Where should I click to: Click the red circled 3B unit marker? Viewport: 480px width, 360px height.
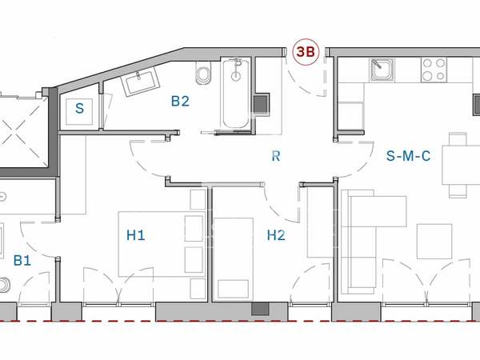306,52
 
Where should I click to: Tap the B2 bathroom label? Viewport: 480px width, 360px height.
180,102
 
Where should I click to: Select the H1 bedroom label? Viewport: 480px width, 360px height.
136,235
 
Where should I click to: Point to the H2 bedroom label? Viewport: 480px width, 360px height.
276,235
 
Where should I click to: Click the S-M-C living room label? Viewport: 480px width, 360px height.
408,156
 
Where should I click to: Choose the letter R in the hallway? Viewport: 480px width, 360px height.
276,156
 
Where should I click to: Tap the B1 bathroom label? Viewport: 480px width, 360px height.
22,261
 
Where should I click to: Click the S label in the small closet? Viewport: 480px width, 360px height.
79,108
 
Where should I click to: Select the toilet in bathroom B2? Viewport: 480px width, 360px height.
203,72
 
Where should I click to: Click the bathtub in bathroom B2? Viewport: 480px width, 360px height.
236,93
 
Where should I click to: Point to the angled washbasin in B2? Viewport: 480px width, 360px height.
140,81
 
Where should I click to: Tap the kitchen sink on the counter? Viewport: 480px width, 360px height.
382,70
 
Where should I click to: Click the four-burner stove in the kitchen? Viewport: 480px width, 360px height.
434,70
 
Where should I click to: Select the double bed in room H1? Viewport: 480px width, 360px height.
162,244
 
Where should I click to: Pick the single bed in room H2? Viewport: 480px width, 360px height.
234,259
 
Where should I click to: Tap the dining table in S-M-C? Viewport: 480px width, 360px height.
461,165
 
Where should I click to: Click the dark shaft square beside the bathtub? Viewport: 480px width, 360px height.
261,104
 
